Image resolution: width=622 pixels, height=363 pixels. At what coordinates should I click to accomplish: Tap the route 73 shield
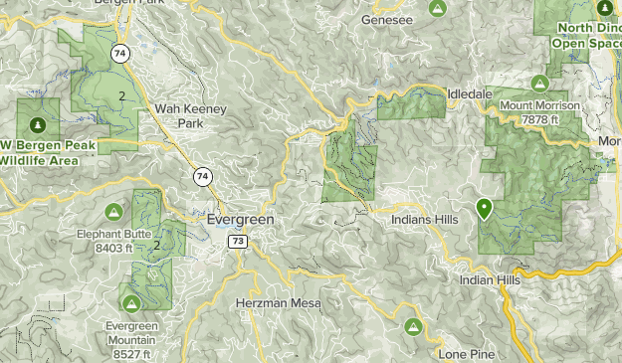click(237, 241)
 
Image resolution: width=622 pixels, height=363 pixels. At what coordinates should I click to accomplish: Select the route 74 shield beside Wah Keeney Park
click(203, 176)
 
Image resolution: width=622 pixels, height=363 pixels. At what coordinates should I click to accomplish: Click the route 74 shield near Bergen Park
click(121, 53)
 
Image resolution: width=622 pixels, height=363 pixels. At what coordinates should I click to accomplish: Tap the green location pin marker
click(485, 209)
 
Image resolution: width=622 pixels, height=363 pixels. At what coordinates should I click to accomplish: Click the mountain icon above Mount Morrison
click(539, 83)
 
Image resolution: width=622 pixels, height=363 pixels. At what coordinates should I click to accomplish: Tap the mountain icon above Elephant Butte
click(114, 212)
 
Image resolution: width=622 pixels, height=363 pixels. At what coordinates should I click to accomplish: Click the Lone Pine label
click(466, 354)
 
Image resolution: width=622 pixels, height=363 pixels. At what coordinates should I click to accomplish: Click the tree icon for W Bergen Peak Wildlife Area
click(37, 125)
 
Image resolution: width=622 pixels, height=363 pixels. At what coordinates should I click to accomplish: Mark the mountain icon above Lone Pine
click(412, 326)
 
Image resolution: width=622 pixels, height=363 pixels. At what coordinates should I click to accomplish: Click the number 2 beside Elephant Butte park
click(157, 244)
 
